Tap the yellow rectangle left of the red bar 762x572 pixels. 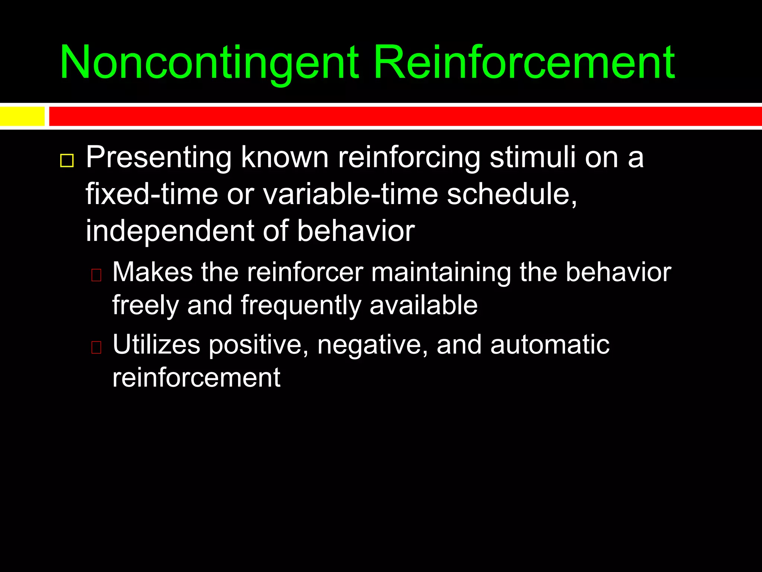point(22,116)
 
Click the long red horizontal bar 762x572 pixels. point(405,116)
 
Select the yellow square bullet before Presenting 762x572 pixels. point(67,161)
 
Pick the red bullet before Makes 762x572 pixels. point(96,275)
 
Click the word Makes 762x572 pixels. point(153,272)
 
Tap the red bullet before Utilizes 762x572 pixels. point(96,347)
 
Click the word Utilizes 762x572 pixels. point(156,344)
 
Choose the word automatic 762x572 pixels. point(550,345)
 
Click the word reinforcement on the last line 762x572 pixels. point(196,378)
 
